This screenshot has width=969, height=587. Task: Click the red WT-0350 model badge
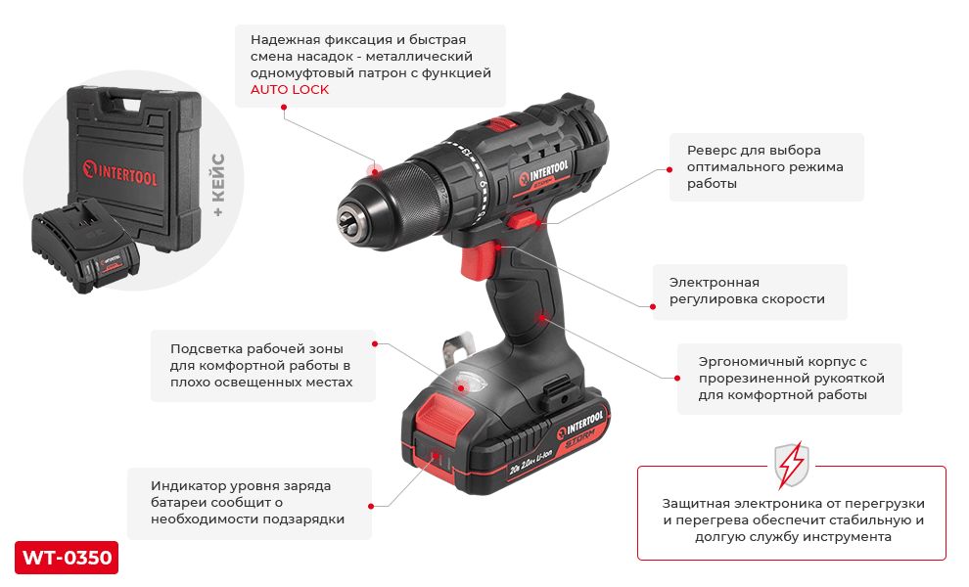(67, 558)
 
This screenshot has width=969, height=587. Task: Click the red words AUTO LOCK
(289, 90)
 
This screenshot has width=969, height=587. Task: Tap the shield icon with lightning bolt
(792, 465)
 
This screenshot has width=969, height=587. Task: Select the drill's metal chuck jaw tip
(347, 220)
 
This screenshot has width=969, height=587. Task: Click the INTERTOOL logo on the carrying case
(119, 172)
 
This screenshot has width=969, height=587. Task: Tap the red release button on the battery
(437, 413)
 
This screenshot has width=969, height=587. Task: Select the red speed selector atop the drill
(500, 123)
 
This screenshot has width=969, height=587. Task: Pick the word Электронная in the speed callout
(714, 283)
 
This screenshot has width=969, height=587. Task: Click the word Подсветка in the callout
(206, 348)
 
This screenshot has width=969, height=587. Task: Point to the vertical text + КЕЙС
(218, 185)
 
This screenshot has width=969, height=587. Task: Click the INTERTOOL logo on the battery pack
(579, 425)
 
